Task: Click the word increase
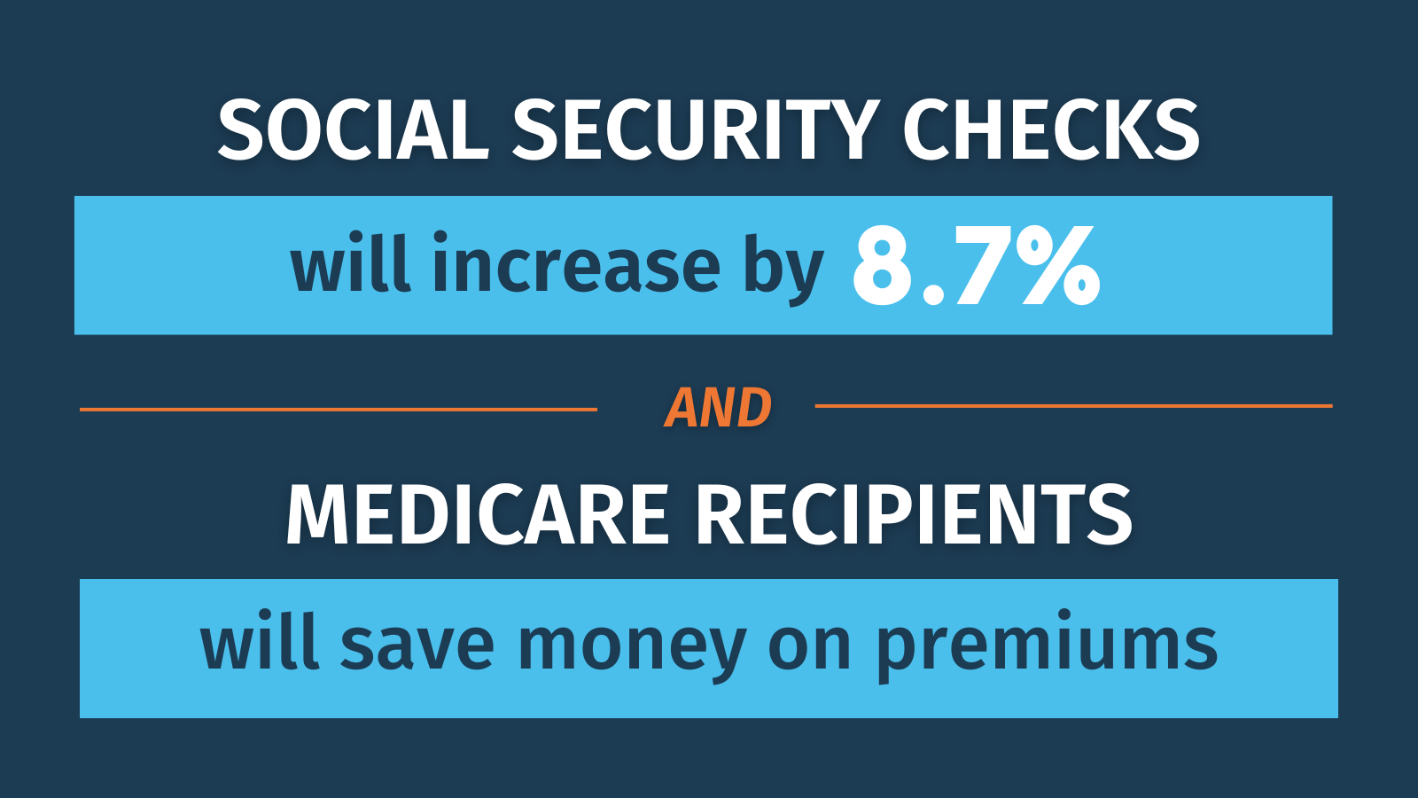[x=577, y=262]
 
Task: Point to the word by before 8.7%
[x=783, y=270]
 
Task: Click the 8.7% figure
[x=977, y=266]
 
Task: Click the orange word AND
[x=718, y=409]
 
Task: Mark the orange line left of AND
[x=339, y=410]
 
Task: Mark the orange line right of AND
[x=1073, y=406]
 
